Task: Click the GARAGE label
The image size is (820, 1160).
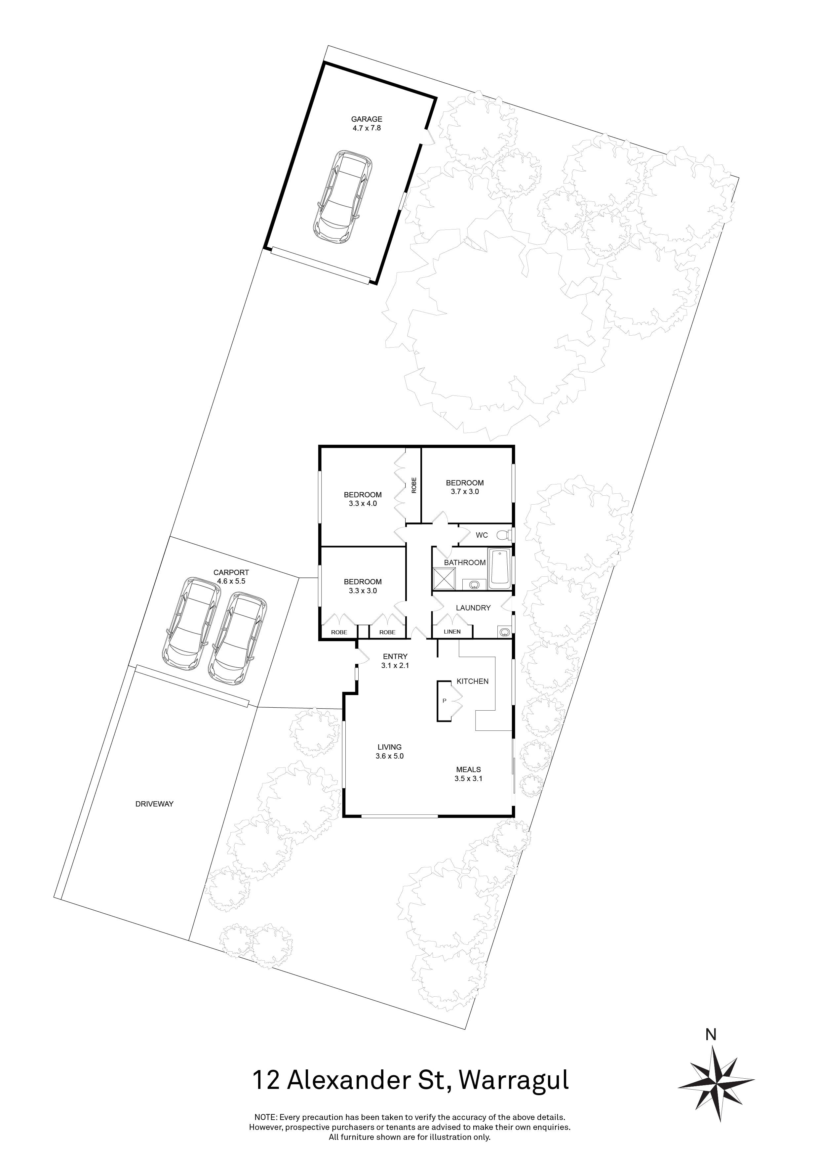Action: [367, 119]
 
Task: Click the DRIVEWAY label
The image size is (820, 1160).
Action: [154, 804]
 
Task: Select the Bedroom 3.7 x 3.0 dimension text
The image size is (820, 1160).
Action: [464, 491]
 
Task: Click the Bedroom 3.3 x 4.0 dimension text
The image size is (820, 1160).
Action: [363, 503]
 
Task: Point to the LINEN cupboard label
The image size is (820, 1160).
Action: [452, 632]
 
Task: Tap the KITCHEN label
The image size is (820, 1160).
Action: [473, 681]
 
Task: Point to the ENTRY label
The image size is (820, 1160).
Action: [395, 657]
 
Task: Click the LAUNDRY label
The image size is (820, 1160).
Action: [473, 608]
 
